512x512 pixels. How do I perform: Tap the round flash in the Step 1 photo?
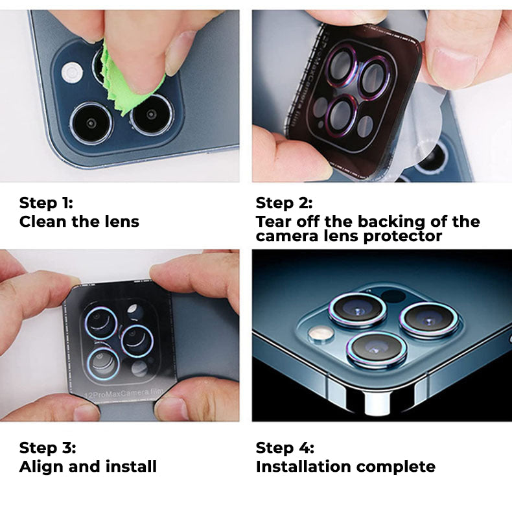[72, 72]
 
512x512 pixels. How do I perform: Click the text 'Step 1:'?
[46, 203]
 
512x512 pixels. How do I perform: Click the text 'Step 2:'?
[284, 203]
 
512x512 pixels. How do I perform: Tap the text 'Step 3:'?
[48, 448]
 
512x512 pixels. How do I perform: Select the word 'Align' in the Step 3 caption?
[41, 467]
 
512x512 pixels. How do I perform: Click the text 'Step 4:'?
[285, 448]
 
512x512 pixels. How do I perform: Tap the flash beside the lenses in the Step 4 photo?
[321, 333]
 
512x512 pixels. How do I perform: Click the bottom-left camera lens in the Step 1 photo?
[91, 123]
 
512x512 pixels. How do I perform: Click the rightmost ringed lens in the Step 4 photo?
[429, 320]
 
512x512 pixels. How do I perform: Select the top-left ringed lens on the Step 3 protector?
[101, 323]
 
